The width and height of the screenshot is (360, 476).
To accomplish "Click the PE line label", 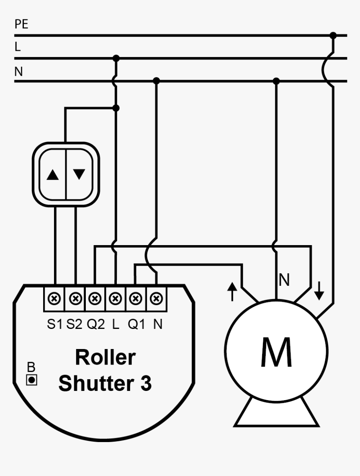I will [x=21, y=24].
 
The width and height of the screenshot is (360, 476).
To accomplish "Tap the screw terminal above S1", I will [x=55, y=299].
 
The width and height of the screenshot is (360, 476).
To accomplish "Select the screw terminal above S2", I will [x=75, y=299].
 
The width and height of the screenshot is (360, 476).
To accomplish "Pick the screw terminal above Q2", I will [x=95, y=299].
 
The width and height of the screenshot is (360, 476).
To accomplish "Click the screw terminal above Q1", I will [x=135, y=299].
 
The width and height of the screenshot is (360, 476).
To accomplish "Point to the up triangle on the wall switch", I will [x=53, y=175].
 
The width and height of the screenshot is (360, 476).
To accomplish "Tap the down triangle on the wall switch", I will [x=79, y=174].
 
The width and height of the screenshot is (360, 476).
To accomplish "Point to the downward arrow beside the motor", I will [x=319, y=292].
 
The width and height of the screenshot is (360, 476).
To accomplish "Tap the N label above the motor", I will [x=284, y=280].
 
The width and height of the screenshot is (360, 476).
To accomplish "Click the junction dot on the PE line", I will [x=333, y=36].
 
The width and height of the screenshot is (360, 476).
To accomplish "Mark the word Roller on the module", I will [x=105, y=357].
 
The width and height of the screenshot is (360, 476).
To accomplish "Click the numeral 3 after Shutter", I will [x=145, y=383].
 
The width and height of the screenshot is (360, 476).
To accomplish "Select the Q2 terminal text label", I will [x=96, y=324].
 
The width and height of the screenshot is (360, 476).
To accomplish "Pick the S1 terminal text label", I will [x=55, y=324].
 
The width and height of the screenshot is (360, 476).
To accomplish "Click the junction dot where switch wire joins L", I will [x=116, y=108].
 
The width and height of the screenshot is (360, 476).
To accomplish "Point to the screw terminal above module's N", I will [x=156, y=299].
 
